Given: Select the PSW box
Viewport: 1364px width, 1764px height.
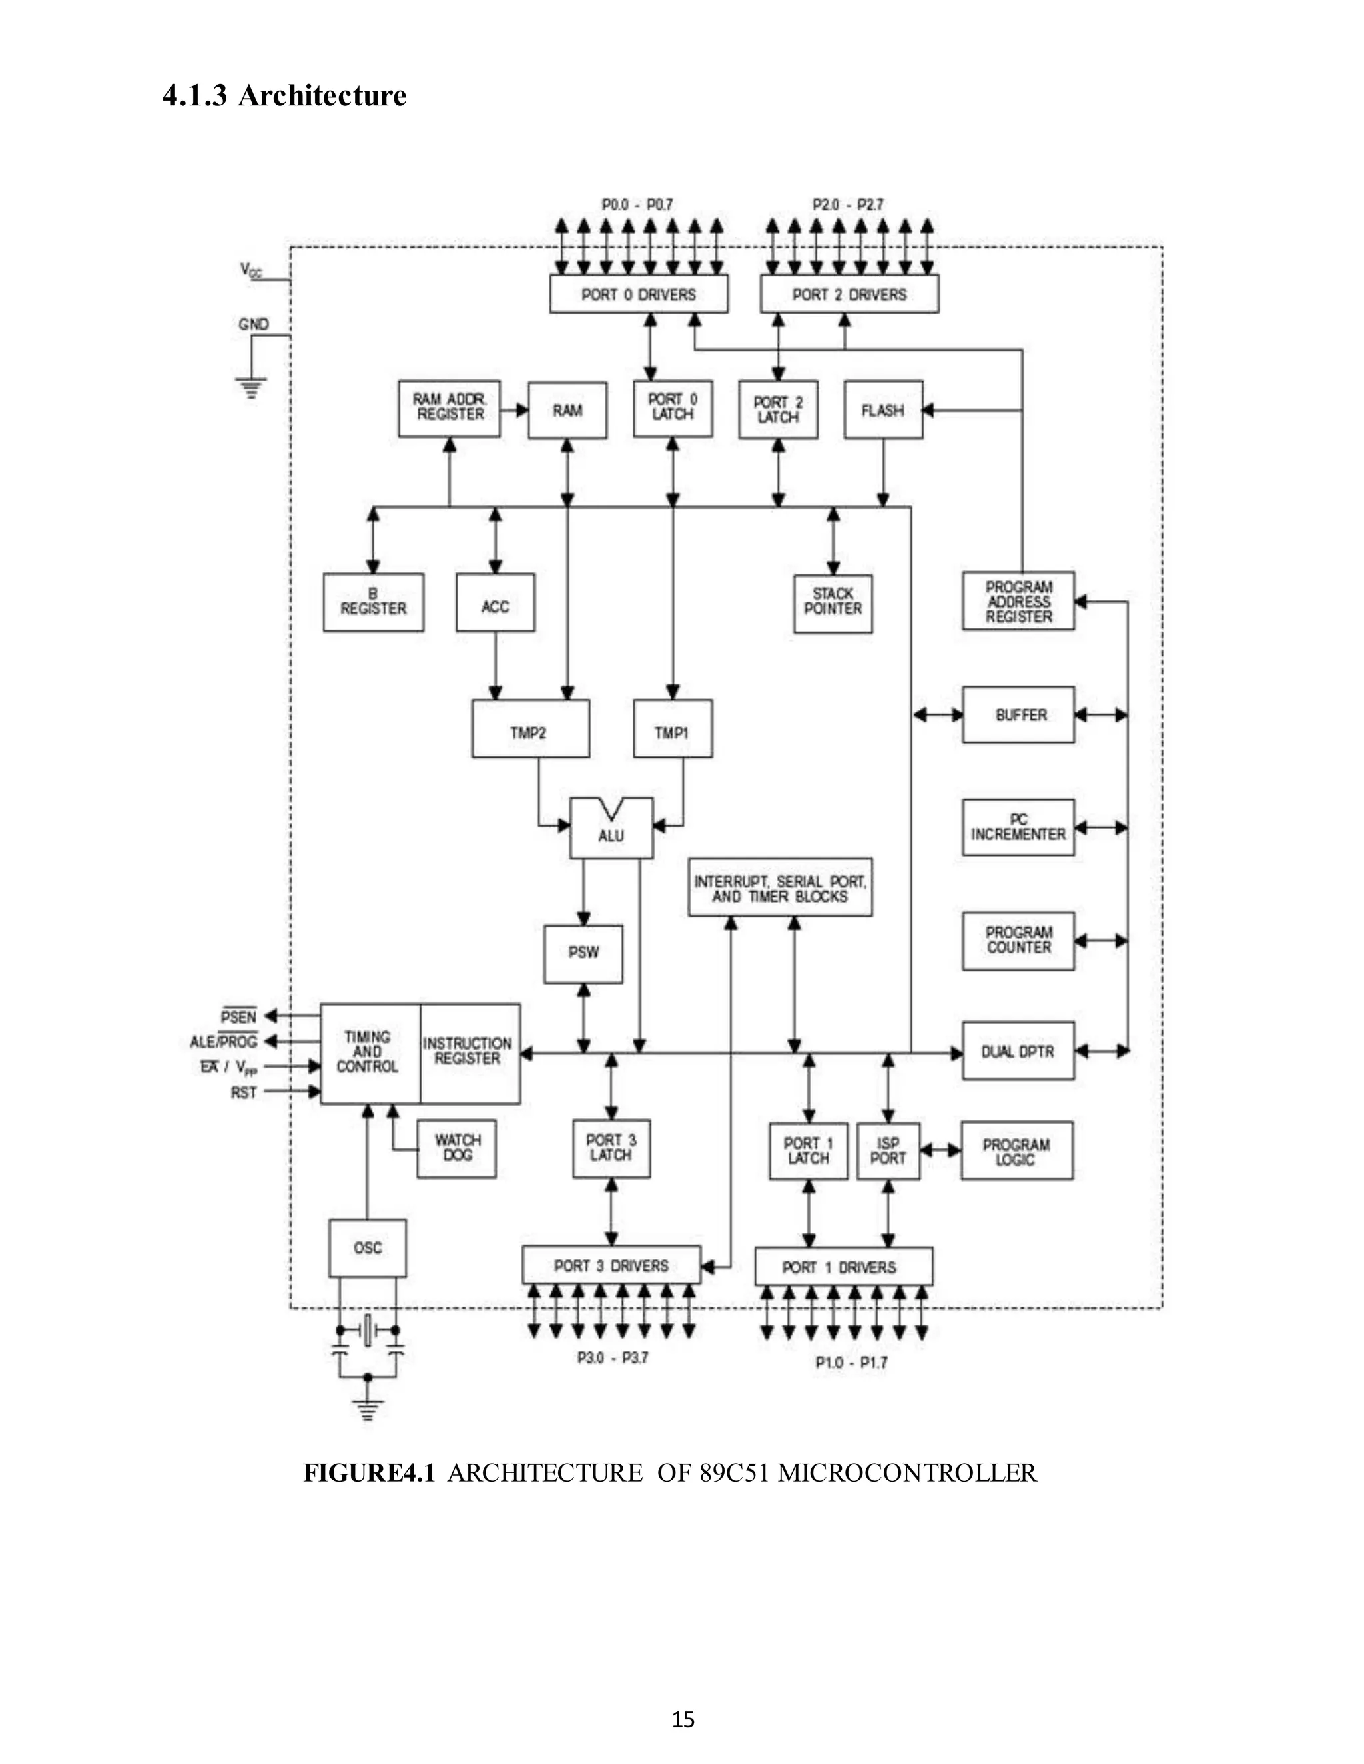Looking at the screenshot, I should click(583, 953).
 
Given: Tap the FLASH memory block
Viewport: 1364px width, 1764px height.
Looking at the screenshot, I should click(882, 410).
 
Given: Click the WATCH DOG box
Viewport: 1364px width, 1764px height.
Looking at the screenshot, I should click(456, 1148).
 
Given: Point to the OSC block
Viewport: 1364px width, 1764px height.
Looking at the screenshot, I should click(368, 1248).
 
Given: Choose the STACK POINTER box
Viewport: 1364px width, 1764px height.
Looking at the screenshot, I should click(833, 602).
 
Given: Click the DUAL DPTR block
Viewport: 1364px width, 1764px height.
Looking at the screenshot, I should click(1018, 1052).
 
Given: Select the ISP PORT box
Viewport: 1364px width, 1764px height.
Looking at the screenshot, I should click(887, 1151).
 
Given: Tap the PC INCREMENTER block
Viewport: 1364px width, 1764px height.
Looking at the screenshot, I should click(1018, 827).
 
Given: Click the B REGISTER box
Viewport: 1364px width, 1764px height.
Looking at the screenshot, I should click(374, 602).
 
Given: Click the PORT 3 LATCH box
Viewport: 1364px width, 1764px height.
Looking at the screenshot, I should click(611, 1148).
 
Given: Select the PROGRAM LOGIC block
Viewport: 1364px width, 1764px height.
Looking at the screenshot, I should click(1016, 1151).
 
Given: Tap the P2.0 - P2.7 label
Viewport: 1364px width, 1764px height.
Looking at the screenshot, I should click(848, 205).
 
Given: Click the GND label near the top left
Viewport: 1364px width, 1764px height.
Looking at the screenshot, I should click(254, 324).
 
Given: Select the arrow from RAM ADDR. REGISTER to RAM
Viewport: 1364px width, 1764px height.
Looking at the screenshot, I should click(514, 410).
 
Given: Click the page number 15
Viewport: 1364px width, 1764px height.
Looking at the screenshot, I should click(683, 1719).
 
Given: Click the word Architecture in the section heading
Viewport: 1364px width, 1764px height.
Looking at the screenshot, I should click(322, 95).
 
